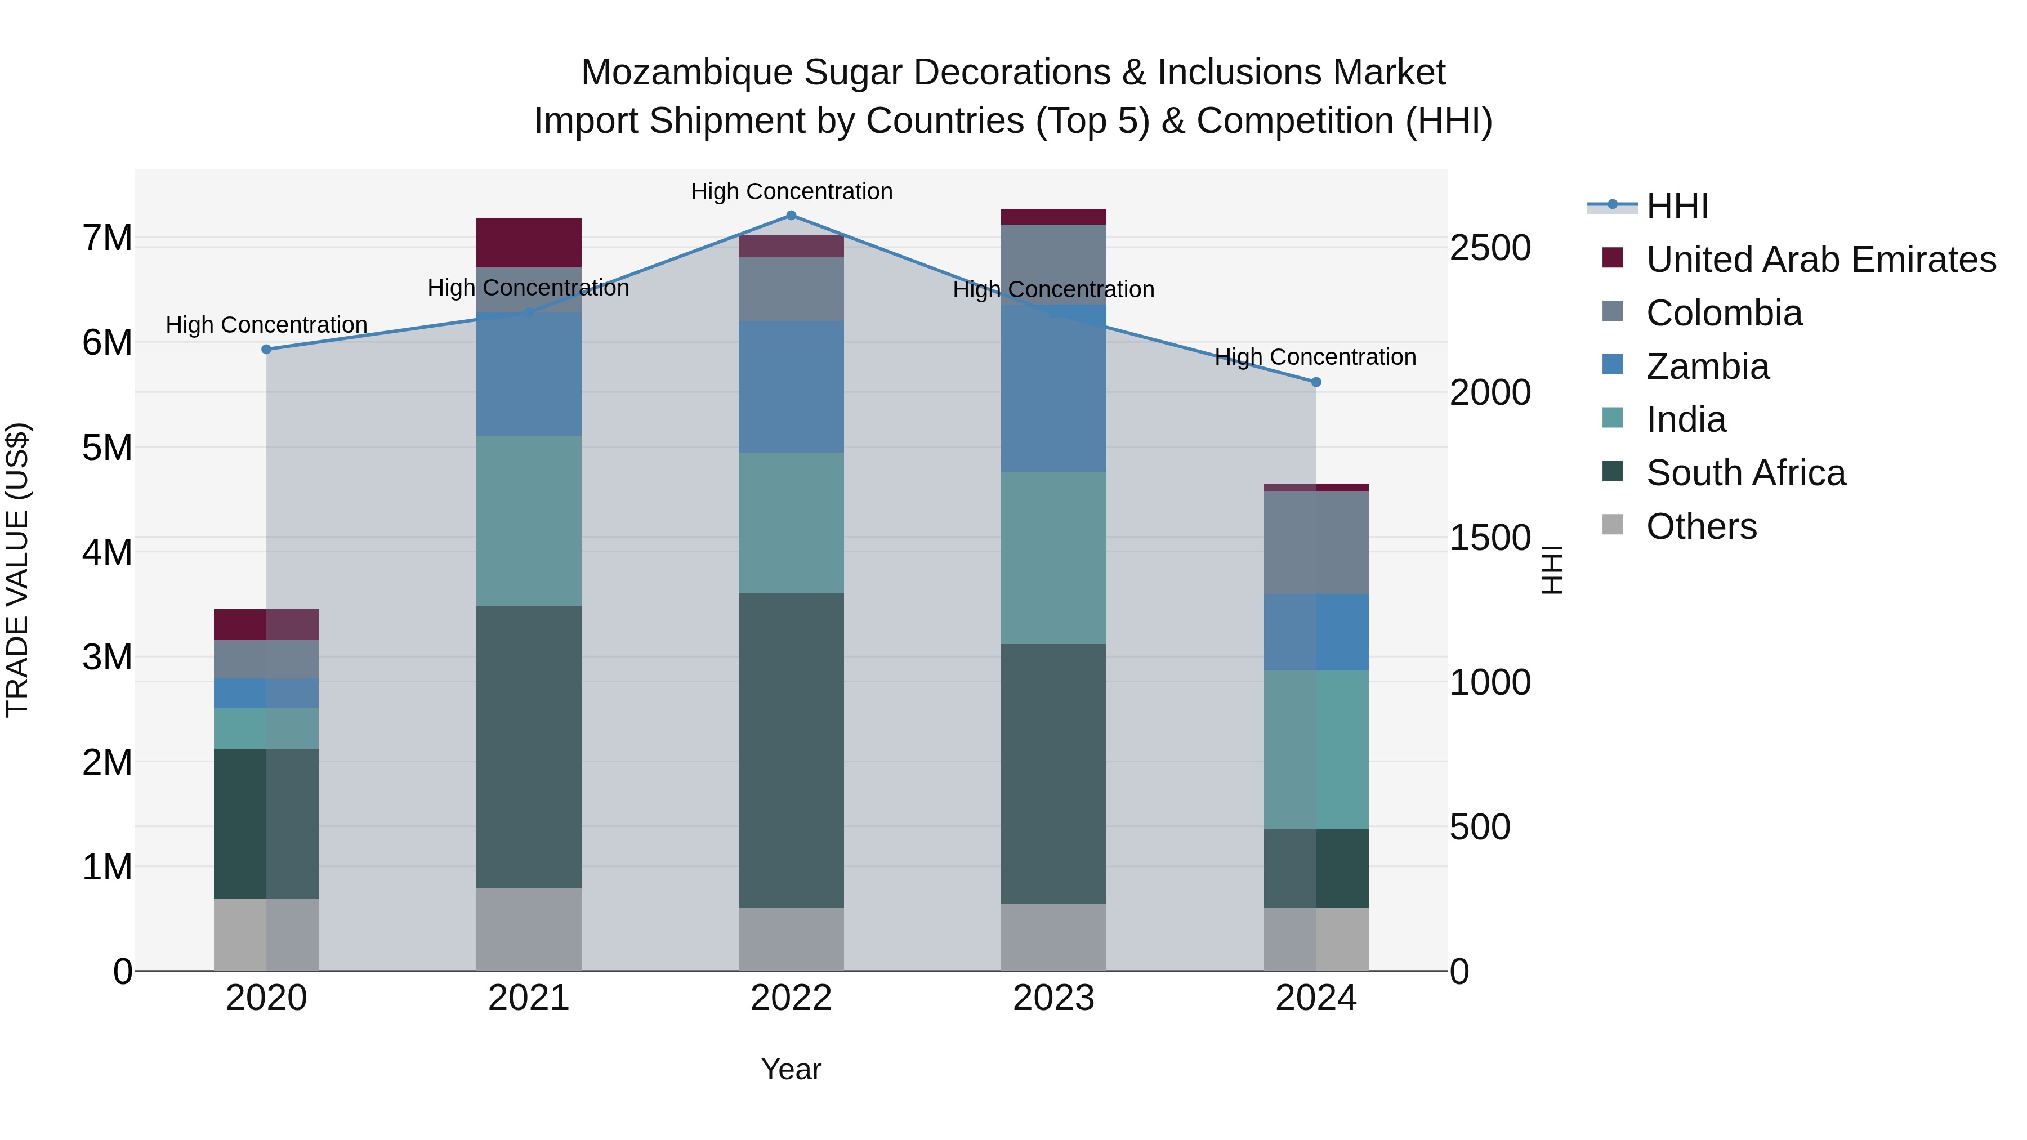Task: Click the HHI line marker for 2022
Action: coord(791,216)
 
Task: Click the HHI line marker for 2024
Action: coord(1316,382)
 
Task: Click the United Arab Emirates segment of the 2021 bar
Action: coord(529,242)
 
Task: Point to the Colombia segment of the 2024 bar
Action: coord(1316,542)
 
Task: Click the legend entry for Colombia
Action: coord(1724,313)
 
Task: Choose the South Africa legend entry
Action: coord(1745,473)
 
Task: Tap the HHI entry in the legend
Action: coord(1676,206)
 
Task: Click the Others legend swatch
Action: coord(1613,525)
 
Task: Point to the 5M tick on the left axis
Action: coord(107,448)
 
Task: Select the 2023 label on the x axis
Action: coord(1053,998)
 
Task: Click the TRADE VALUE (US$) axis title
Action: coord(17,570)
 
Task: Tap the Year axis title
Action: coord(791,1069)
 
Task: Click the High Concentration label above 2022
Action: coord(791,191)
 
